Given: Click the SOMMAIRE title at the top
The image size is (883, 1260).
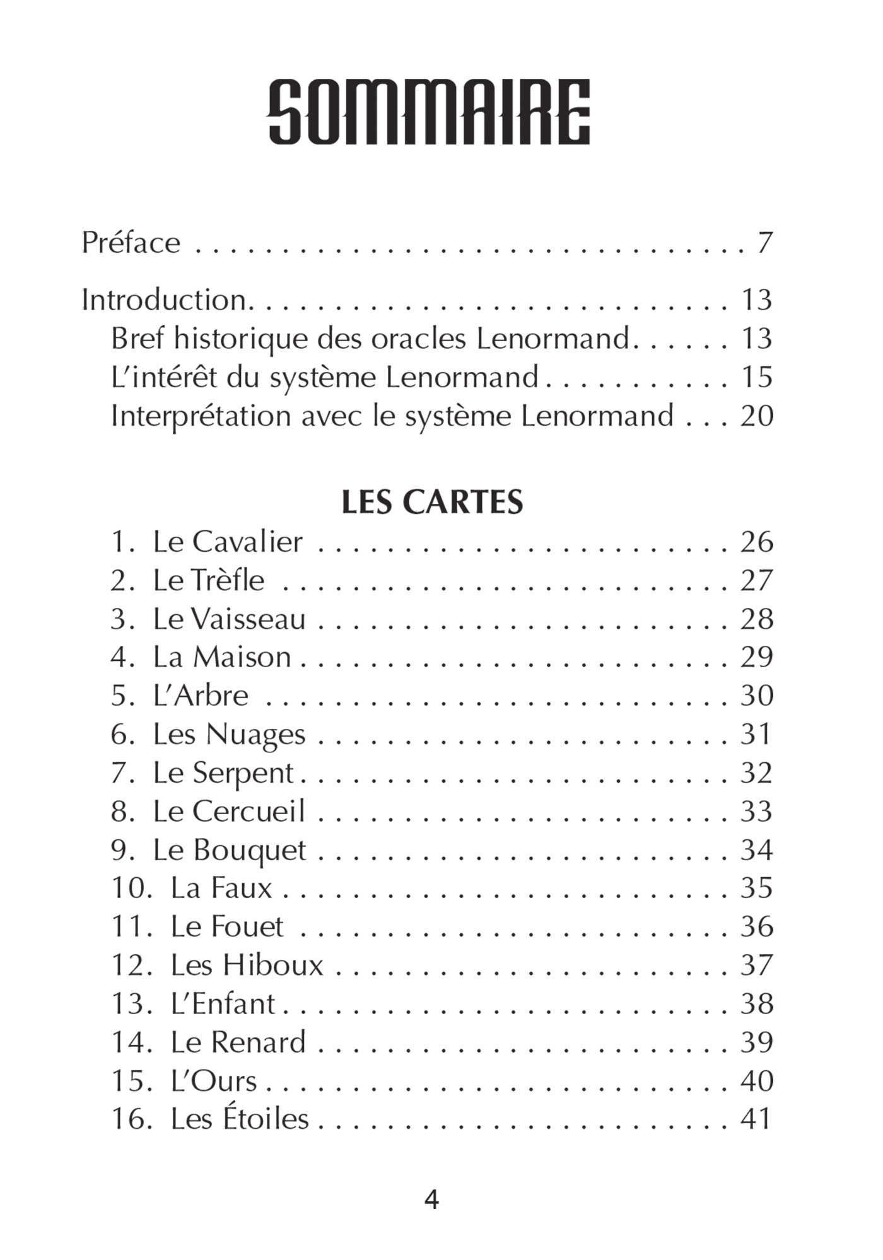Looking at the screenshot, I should click(x=430, y=112).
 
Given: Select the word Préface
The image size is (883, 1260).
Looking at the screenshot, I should click(x=131, y=243).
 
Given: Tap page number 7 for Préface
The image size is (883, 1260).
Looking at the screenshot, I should click(x=764, y=243).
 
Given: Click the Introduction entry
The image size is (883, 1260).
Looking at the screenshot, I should click(x=164, y=300).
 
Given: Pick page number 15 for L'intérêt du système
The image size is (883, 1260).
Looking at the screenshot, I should click(x=756, y=377).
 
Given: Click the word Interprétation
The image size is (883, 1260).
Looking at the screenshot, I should click(x=201, y=417).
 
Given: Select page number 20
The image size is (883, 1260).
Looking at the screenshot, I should click(x=756, y=416).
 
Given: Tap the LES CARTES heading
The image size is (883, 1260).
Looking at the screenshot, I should click(x=432, y=503).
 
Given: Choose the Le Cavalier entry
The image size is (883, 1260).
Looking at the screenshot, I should click(x=227, y=542).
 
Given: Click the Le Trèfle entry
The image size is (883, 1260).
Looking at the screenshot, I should click(x=208, y=580).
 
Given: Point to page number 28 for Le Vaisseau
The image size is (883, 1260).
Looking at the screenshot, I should click(x=756, y=619).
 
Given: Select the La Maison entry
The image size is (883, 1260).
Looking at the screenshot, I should click(x=221, y=657).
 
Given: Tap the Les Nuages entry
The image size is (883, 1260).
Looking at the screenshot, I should click(x=229, y=735).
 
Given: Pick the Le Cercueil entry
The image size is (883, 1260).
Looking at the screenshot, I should click(x=229, y=812).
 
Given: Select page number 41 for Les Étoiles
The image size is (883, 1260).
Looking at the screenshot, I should click(x=756, y=1119).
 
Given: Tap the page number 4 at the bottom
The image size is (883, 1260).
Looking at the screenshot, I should click(x=431, y=1199).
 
